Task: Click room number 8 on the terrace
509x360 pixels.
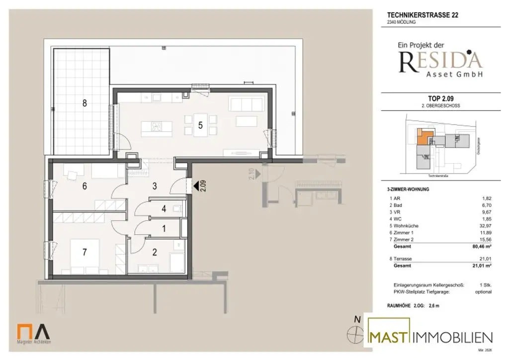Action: tap(85, 103)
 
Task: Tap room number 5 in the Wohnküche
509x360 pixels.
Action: tap(200, 125)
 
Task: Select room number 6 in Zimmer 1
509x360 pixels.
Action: tap(85, 186)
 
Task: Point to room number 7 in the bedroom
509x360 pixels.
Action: tap(85, 252)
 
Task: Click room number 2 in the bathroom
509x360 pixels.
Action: tap(155, 252)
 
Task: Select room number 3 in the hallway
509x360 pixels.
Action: tap(155, 186)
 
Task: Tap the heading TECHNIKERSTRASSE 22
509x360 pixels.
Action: tap(423, 15)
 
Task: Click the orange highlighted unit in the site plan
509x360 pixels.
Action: tap(424, 137)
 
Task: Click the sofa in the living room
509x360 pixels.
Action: tap(241, 104)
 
